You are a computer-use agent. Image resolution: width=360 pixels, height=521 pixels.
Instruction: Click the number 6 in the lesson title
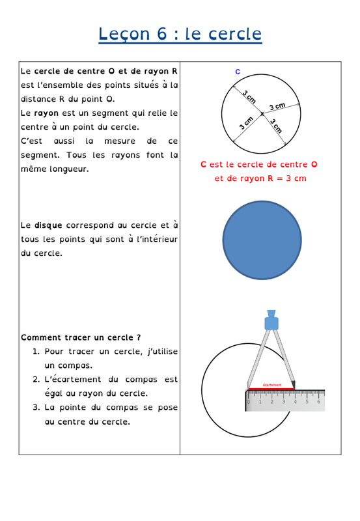point(161,34)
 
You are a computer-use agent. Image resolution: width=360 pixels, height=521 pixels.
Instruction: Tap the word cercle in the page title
point(235,34)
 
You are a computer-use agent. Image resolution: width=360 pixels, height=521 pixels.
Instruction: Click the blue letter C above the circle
point(238,72)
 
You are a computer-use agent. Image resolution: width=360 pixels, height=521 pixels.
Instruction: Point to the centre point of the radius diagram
point(262,114)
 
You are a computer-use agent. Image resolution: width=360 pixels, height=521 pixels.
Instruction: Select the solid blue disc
point(262,240)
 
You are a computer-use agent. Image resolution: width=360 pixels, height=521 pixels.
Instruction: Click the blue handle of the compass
point(271,320)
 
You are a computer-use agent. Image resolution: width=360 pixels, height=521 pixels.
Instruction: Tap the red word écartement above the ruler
point(272,385)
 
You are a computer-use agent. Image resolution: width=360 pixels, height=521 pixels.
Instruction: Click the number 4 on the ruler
point(295,402)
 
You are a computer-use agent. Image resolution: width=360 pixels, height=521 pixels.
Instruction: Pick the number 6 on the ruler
point(318,402)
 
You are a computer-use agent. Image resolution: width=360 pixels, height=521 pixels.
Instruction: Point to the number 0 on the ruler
point(249,402)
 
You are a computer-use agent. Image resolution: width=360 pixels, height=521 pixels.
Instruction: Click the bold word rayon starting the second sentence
point(46,113)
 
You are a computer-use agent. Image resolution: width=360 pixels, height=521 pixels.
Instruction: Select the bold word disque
point(48,225)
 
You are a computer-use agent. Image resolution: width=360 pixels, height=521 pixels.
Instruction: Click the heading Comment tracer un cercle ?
point(81,337)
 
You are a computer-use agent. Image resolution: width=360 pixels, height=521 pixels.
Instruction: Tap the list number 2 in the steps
point(36,380)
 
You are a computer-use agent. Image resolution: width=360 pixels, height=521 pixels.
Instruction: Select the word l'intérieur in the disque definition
point(157,239)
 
